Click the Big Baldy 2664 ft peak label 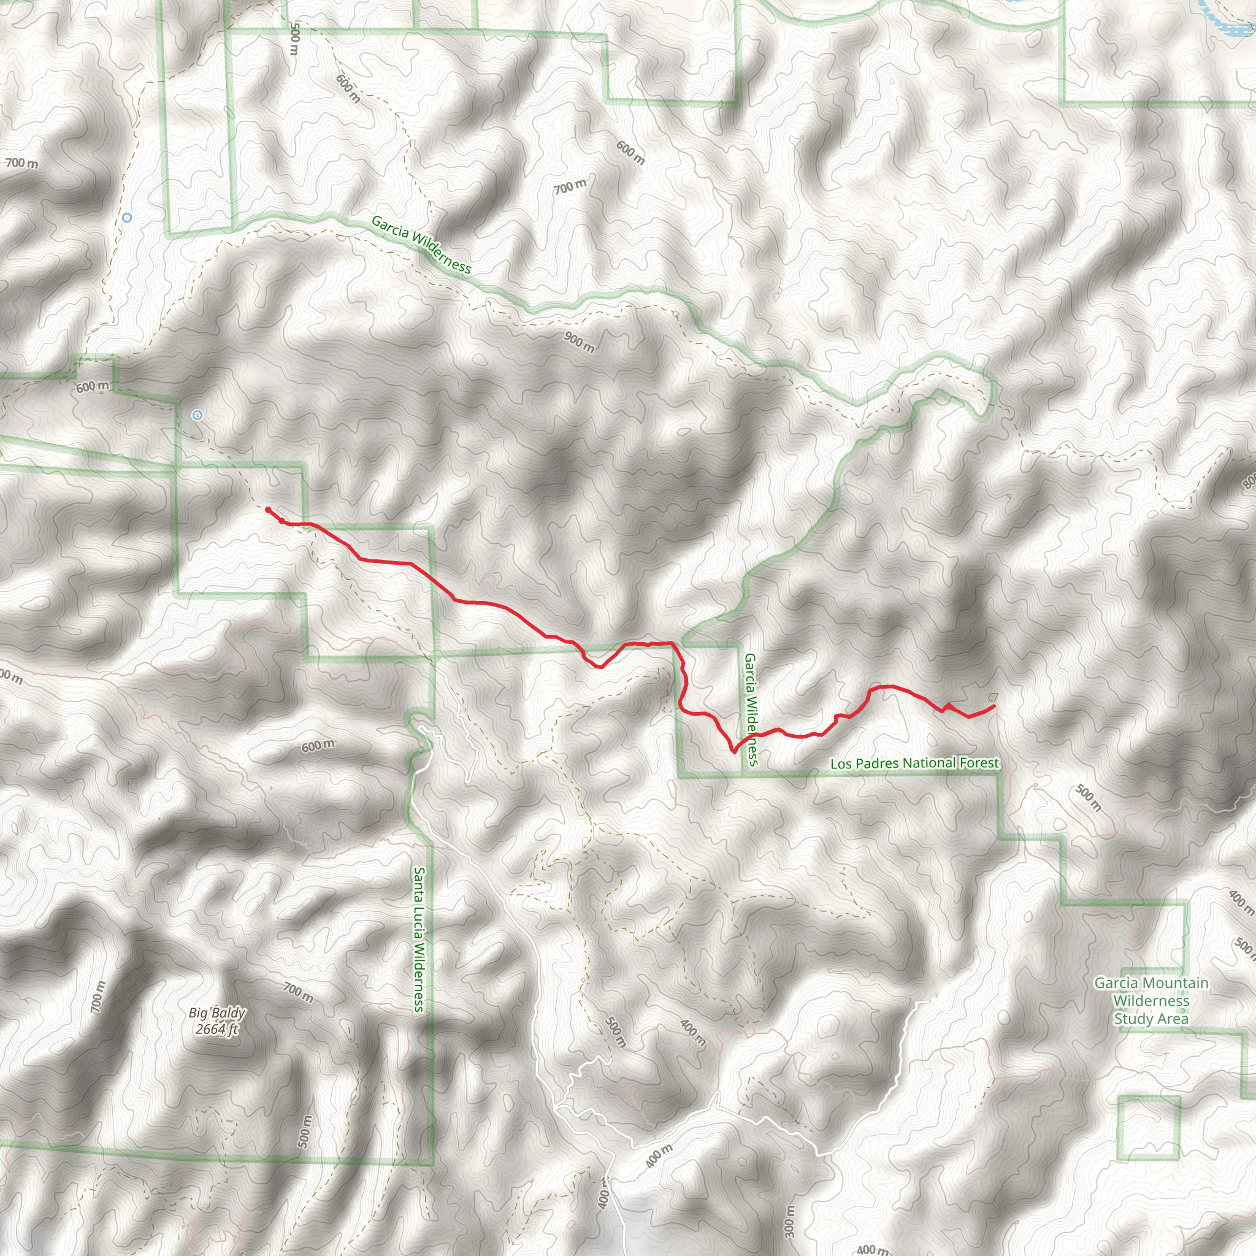216,1020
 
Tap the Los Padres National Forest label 914,763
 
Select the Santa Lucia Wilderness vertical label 419,940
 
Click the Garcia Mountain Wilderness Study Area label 1151,1000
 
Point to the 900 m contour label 578,342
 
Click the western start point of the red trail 268,510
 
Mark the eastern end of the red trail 994,706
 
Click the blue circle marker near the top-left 127,218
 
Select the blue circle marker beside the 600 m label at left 197,415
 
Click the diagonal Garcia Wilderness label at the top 421,245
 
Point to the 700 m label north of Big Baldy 297,993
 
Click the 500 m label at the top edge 294,39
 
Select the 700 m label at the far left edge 22,163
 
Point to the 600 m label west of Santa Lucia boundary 318,746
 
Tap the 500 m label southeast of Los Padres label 1087,799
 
